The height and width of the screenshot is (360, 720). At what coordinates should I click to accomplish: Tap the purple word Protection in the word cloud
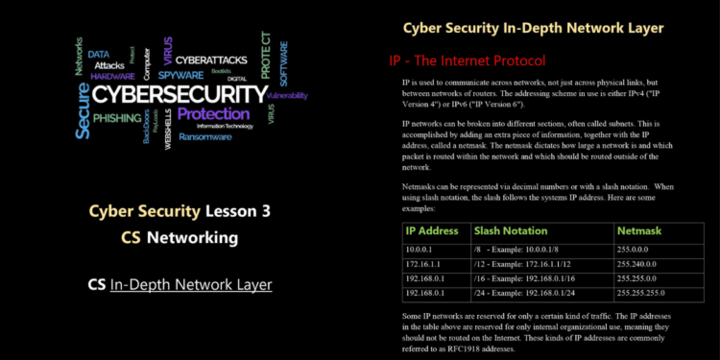coord(213,114)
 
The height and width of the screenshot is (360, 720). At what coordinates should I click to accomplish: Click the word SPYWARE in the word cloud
coord(180,73)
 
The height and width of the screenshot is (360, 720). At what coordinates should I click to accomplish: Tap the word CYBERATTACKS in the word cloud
coord(209,60)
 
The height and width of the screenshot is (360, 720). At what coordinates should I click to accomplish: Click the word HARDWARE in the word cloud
coord(113,75)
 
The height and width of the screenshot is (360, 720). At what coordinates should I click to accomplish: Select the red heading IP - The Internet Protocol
coord(467,60)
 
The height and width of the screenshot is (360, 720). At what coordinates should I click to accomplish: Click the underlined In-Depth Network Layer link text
coord(191,284)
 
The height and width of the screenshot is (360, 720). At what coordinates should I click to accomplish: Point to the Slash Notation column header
coord(511,230)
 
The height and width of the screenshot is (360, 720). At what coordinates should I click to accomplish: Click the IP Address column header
coord(431,230)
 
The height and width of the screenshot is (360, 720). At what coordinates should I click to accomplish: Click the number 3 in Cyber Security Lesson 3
coord(252,211)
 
